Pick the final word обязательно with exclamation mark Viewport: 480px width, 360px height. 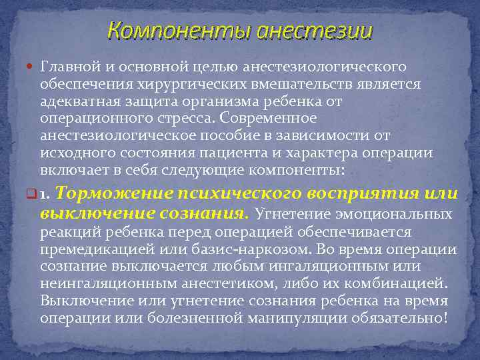(x=410, y=318)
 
